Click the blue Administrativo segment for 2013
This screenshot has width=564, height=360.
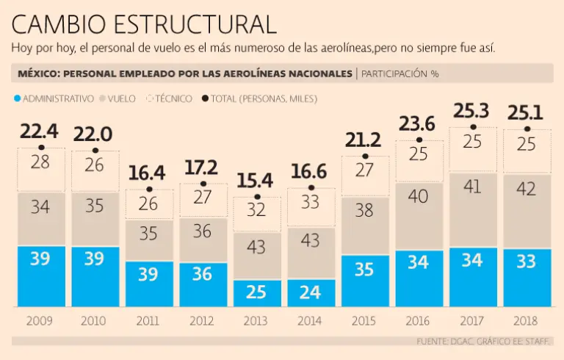tap(256, 293)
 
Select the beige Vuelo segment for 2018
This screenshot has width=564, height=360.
tap(527, 212)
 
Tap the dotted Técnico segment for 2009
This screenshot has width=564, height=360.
tap(40, 170)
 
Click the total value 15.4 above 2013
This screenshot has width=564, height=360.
tap(256, 180)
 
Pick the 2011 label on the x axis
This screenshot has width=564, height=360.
tap(148, 321)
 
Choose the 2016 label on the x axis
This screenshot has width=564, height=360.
tap(419, 321)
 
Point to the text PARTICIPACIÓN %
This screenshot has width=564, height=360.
tap(399, 74)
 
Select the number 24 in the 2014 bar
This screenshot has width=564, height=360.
tap(311, 292)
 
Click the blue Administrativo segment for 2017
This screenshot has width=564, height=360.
tap(472, 277)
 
